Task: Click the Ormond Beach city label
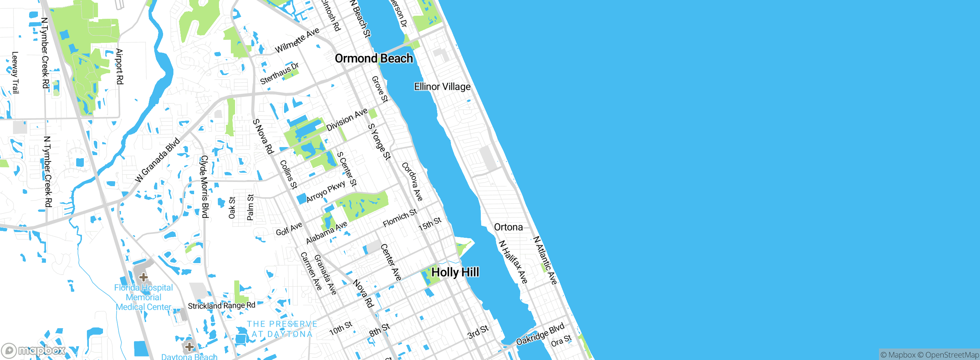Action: tap(374, 59)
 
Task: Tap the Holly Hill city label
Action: tap(455, 272)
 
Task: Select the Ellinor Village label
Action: tap(442, 87)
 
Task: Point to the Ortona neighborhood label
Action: tap(508, 227)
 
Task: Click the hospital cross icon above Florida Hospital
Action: tap(144, 277)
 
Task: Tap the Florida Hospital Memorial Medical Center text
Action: tap(144, 297)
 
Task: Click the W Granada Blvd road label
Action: tap(157, 160)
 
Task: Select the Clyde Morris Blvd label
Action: tap(204, 187)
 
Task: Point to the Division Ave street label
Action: tap(347, 119)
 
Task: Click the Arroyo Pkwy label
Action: tap(326, 191)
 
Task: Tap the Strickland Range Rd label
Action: tap(221, 306)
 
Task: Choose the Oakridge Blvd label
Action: tap(540, 334)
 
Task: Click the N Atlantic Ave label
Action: tap(545, 260)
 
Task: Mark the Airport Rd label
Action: tap(119, 66)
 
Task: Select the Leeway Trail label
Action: tap(15, 73)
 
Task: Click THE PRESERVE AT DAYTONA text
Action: tap(282, 329)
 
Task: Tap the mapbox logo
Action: tap(34, 350)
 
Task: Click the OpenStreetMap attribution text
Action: tap(952, 355)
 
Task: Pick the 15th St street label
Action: tap(430, 224)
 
